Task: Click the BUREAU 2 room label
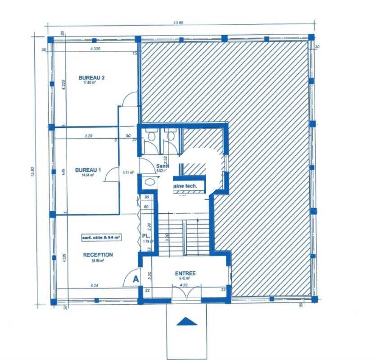pyautogui.click(x=92, y=77)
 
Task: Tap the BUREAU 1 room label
pyautogui.click(x=88, y=170)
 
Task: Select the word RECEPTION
pyautogui.click(x=98, y=255)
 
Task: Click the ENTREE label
pyautogui.click(x=185, y=273)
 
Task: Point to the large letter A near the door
pyautogui.click(x=135, y=279)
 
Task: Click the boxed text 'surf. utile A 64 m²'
pyautogui.click(x=101, y=237)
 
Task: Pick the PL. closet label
pyautogui.click(x=146, y=236)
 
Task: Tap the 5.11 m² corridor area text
pyautogui.click(x=128, y=172)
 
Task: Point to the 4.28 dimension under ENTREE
pyautogui.click(x=183, y=284)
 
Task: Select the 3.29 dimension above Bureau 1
pyautogui.click(x=89, y=135)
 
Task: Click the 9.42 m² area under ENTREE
pyautogui.click(x=185, y=279)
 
